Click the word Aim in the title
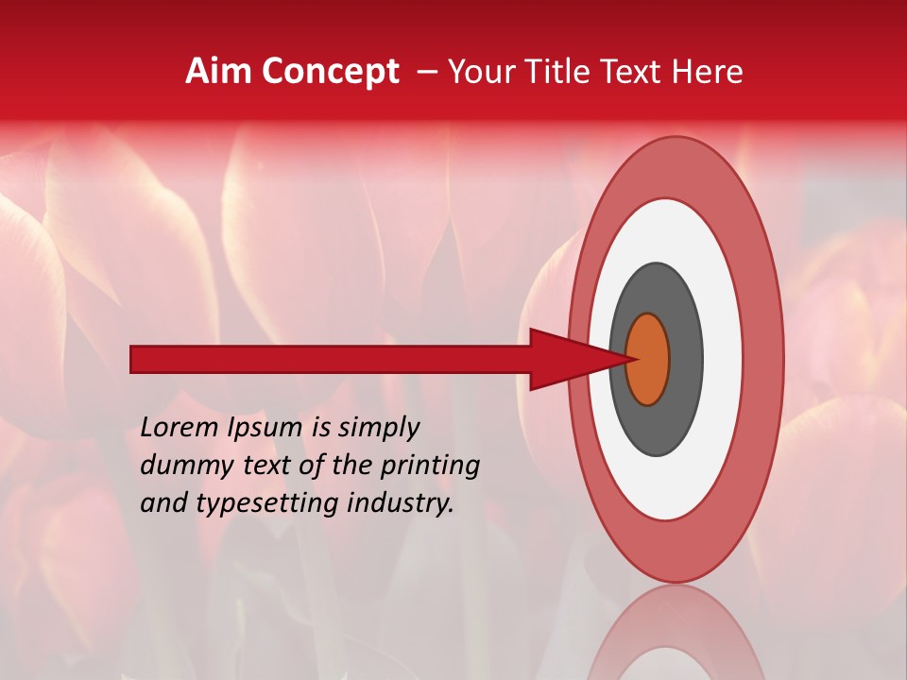point(218,72)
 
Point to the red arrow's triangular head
point(567,359)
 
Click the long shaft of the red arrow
point(331,359)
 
